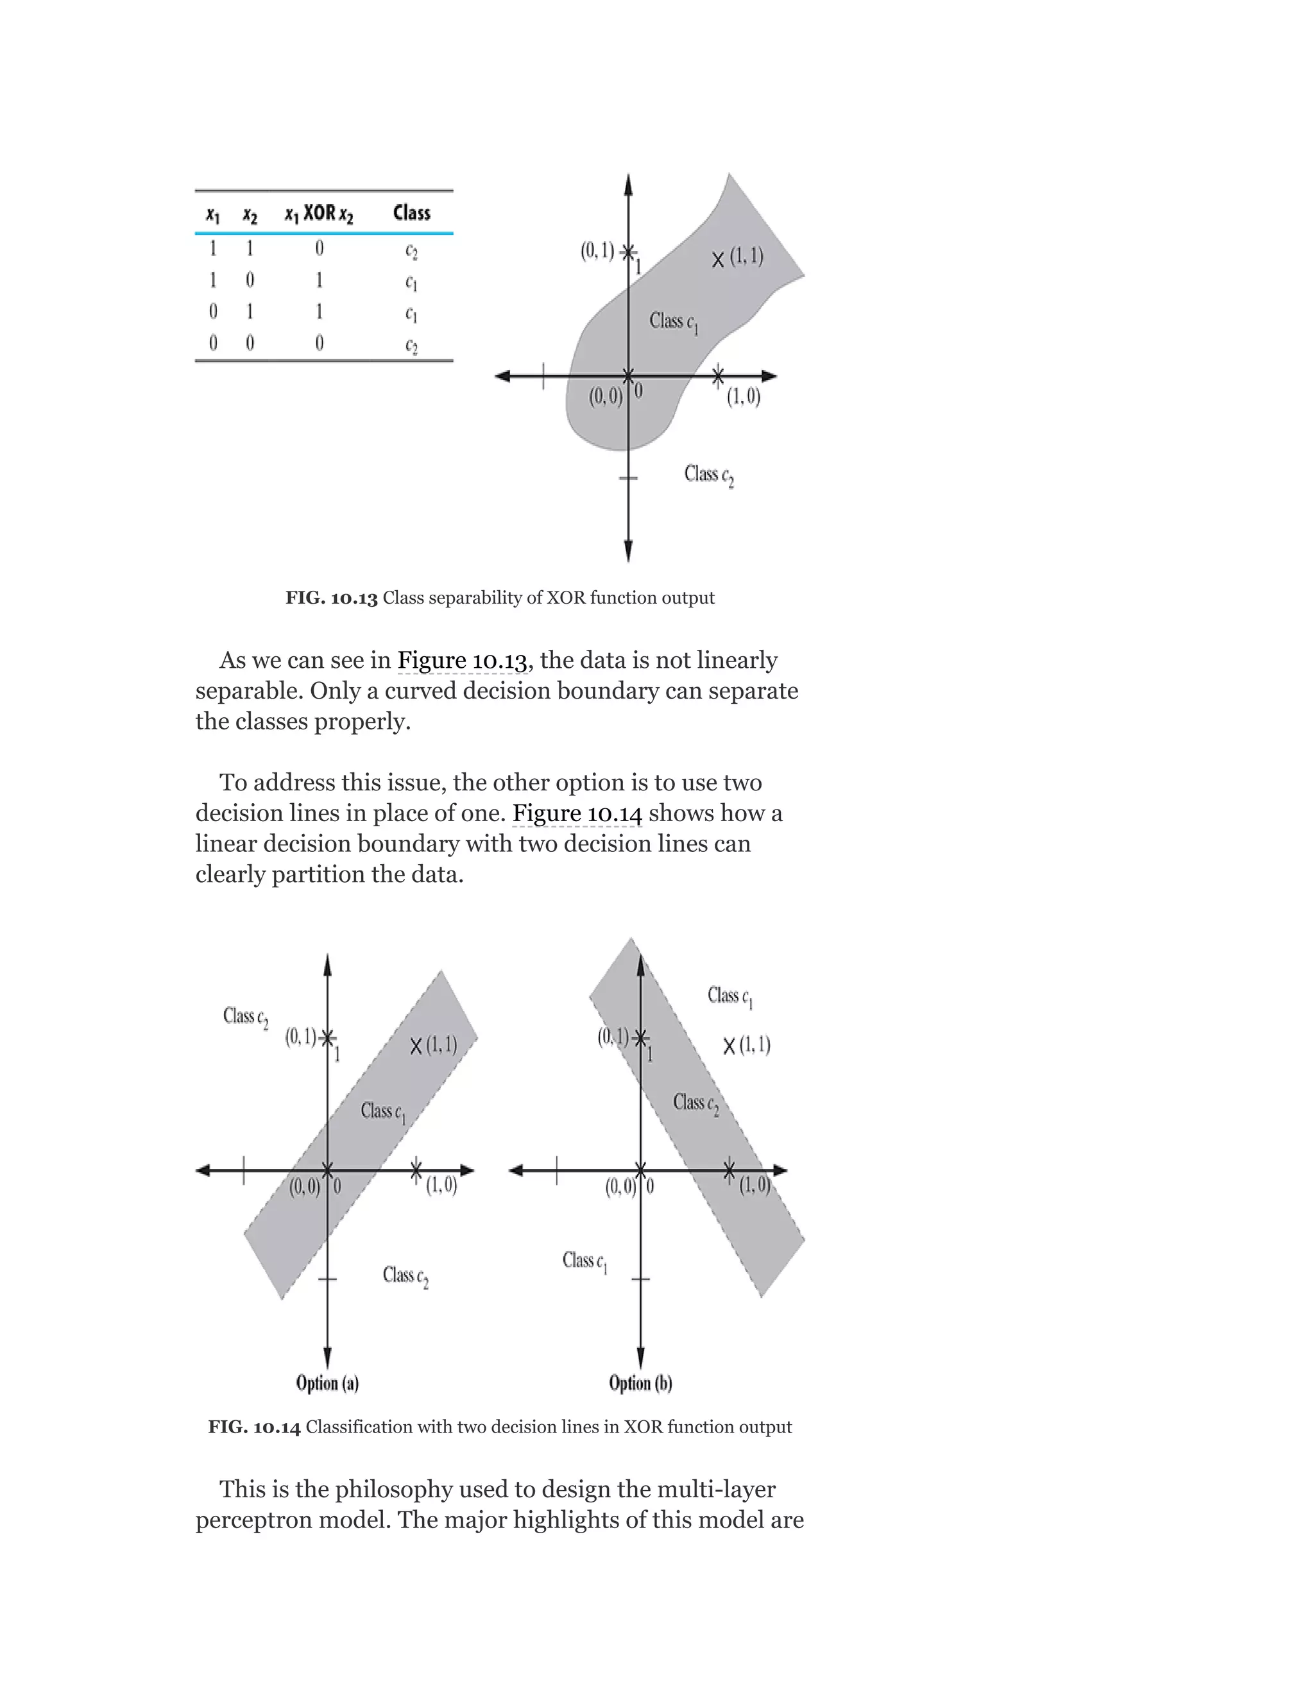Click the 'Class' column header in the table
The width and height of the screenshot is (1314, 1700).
(x=411, y=212)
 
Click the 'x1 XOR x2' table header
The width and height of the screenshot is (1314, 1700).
(x=318, y=213)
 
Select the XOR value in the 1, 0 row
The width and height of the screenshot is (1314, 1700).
(x=319, y=280)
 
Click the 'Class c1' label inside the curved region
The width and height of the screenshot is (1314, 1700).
(x=673, y=321)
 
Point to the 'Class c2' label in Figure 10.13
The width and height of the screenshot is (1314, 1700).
(x=708, y=474)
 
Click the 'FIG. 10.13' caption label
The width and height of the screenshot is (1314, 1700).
(x=332, y=598)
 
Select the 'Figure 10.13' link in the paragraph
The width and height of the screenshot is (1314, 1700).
(x=463, y=660)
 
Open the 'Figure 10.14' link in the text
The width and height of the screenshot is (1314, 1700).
(x=577, y=813)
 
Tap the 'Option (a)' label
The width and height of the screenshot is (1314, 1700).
(x=327, y=1383)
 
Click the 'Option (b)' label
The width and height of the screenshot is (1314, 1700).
(x=640, y=1383)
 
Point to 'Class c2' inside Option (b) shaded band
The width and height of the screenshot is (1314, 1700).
(x=695, y=1103)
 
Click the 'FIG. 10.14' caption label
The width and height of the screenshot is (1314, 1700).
(x=254, y=1427)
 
